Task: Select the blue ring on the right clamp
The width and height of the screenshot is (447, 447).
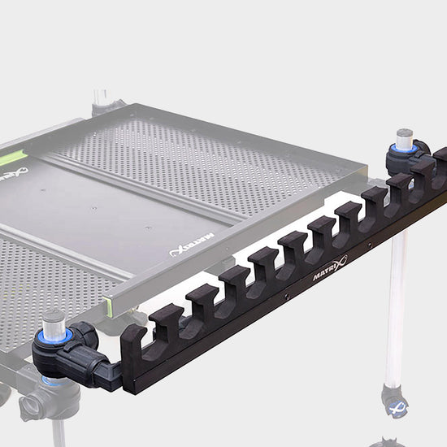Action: click(x=402, y=150)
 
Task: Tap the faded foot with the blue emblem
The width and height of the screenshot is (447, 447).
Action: click(x=396, y=402)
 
